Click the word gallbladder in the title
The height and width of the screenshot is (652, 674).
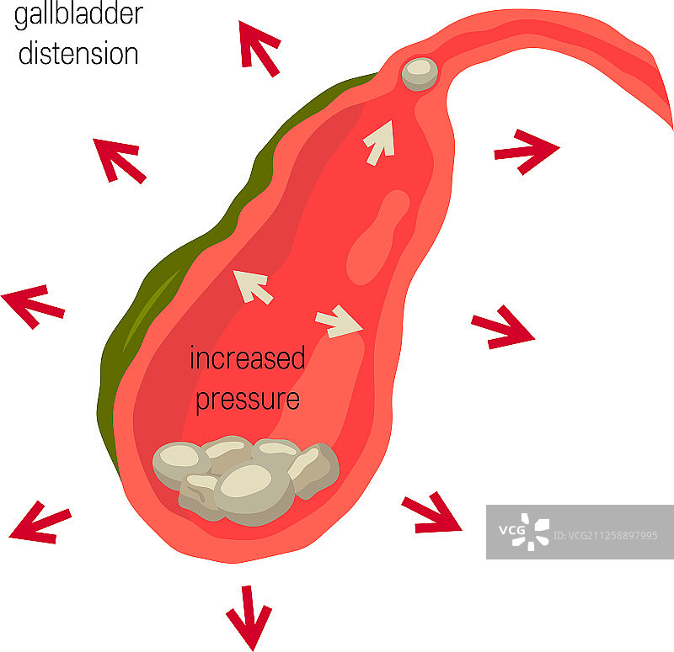pos(79,15)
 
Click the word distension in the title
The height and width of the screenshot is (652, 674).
pos(78,53)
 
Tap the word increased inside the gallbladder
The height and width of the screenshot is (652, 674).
pos(247,359)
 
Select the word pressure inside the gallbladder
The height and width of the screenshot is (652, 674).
pos(247,398)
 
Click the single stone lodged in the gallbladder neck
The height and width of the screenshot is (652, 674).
pos(420,73)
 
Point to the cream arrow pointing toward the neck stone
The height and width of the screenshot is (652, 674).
pos(379,141)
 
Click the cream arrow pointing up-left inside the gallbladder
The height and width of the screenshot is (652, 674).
pos(252,285)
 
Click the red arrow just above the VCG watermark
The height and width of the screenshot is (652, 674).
pos(431,514)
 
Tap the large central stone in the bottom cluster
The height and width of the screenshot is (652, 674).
pos(252,488)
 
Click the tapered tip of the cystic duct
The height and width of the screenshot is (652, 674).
pos(666,118)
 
